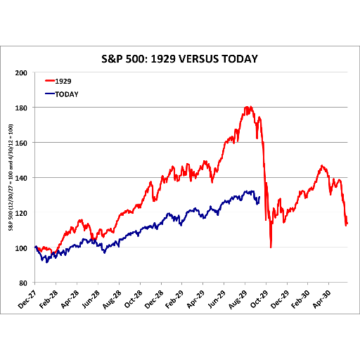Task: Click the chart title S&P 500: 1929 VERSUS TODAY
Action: (179, 59)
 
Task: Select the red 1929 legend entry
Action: (58, 81)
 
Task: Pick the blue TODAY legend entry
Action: (62, 94)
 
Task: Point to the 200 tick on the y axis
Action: (21, 73)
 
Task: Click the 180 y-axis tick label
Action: (21, 108)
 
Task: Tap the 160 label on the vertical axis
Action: (21, 143)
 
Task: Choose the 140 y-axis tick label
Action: (21, 178)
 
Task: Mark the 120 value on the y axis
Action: (21, 213)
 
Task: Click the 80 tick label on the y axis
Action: (23, 283)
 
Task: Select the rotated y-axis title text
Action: (11, 177)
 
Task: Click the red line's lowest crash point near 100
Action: (271, 247)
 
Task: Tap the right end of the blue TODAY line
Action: (259, 197)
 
